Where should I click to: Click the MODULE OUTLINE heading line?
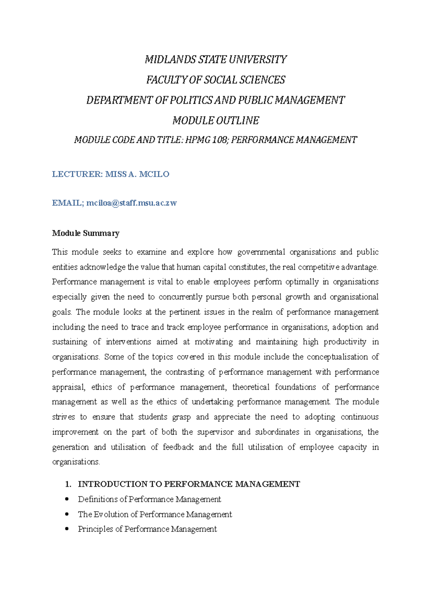point(215,120)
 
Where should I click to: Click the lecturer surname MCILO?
point(154,174)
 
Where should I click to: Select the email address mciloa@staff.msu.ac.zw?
point(131,203)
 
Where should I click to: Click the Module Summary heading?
point(85,233)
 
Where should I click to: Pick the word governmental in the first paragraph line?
point(261,252)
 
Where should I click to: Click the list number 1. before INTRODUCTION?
point(68,484)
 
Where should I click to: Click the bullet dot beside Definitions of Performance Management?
point(67,499)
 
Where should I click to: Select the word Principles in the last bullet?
point(95,529)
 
